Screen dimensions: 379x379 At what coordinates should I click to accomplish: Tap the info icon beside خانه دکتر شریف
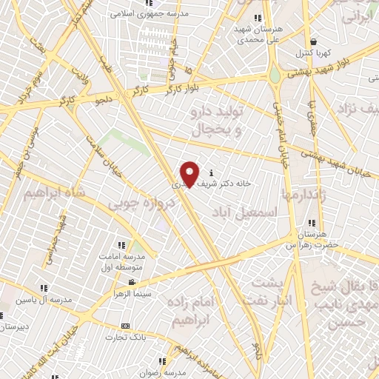pyautogui.click(x=212, y=172)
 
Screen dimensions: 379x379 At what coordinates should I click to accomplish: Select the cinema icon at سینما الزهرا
pyautogui.click(x=132, y=282)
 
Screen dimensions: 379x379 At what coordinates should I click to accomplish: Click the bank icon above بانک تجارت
pyautogui.click(x=126, y=326)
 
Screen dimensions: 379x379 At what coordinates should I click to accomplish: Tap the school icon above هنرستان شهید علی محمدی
pyautogui.click(x=257, y=18)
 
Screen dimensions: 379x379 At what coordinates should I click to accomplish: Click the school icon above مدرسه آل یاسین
pyautogui.click(x=44, y=288)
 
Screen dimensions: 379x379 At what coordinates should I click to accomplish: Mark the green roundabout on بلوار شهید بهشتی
pyautogui.click(x=275, y=75)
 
